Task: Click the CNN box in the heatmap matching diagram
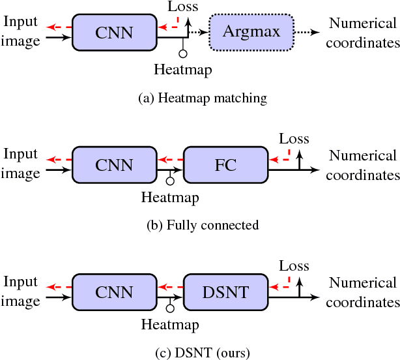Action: coord(114,32)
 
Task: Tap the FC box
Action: coord(225,165)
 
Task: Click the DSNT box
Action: coord(225,292)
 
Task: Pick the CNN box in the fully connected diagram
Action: coord(114,165)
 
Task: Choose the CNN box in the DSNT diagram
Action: coord(114,292)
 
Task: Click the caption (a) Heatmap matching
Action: coord(203,98)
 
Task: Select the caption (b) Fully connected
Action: coord(203,225)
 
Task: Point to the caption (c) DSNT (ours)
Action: coord(203,353)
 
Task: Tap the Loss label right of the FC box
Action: coord(294,139)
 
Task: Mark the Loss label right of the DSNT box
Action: coord(294,266)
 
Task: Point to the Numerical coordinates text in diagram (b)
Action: coord(363,165)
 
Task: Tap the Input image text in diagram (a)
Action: coord(21,31)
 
